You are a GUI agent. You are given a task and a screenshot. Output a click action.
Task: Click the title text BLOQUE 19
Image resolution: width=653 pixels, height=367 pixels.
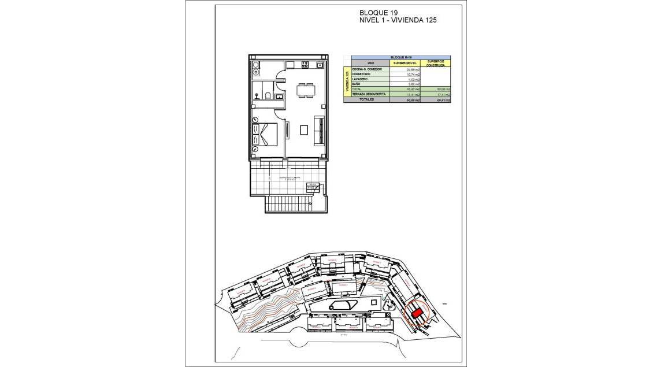[379, 13]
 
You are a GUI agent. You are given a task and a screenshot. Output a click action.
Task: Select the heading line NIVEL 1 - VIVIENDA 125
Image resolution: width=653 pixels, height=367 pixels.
[398, 20]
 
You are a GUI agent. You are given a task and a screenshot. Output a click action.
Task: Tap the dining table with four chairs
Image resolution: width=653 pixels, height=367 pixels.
[306, 90]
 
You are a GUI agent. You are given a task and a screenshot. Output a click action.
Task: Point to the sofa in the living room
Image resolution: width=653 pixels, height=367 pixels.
[319, 131]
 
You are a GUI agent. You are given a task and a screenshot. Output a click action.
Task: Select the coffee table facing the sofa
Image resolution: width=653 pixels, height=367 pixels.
[304, 130]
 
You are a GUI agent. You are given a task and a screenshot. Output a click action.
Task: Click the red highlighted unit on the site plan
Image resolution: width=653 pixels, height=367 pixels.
[417, 313]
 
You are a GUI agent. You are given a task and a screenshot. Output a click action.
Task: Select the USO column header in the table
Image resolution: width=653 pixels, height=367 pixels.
[370, 63]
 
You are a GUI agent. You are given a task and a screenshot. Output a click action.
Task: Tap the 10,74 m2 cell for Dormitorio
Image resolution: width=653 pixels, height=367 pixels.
[413, 75]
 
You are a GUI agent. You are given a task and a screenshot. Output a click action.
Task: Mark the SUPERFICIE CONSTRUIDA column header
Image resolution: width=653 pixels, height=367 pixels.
[435, 63]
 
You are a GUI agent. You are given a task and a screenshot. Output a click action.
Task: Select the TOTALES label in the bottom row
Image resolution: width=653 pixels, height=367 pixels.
[366, 99]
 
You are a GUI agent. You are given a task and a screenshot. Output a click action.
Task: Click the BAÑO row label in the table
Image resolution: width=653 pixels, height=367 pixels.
[355, 84]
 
